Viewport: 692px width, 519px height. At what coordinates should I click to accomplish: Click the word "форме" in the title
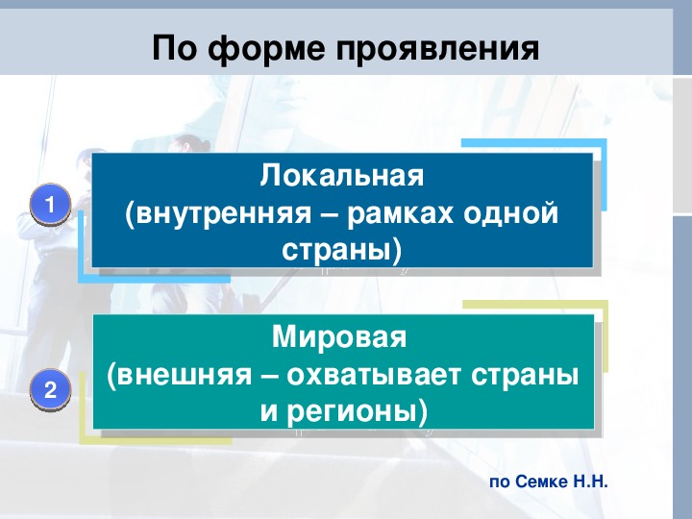(265, 48)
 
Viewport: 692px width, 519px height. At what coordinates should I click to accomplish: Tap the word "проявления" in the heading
(438, 48)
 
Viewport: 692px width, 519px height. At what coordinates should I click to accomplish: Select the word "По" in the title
(174, 48)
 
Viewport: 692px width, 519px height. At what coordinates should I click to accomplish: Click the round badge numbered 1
(50, 205)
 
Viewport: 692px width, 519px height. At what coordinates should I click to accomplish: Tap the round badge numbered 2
(50, 390)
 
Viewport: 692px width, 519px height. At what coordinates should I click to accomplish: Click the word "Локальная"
(342, 176)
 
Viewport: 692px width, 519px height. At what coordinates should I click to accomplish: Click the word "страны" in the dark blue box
(336, 251)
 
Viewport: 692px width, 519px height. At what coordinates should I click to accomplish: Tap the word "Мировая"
(339, 336)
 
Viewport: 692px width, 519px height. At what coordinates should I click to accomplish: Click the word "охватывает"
(374, 376)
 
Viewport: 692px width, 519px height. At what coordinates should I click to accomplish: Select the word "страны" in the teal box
(525, 377)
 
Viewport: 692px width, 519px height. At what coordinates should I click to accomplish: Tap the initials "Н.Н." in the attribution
(591, 482)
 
